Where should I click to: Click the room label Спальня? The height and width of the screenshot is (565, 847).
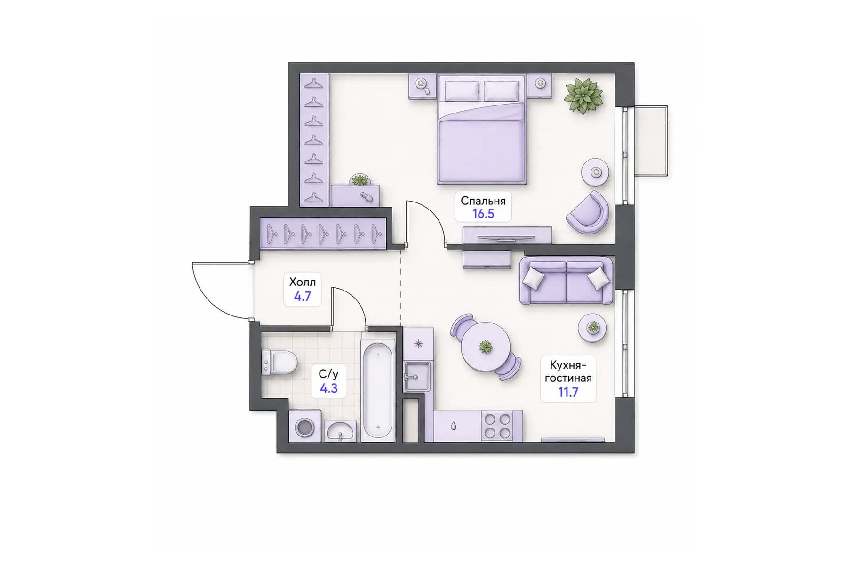tap(483, 201)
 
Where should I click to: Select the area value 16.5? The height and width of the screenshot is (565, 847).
tap(483, 214)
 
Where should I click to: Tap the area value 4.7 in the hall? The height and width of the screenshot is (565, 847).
tap(302, 296)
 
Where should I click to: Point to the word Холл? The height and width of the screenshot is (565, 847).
tap(302, 282)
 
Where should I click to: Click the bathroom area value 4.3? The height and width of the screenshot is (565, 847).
tap(328, 388)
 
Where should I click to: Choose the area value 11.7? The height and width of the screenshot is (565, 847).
tap(568, 392)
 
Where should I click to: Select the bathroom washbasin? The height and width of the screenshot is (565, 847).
tap(340, 431)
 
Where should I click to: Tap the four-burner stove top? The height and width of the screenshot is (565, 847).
tap(497, 426)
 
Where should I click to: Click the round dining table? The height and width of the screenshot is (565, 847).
tap(485, 347)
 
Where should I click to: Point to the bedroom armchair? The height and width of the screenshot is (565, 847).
tap(588, 213)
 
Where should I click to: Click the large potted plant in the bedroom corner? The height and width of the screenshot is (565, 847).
tap(583, 96)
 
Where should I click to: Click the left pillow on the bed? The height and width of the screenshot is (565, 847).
tap(462, 91)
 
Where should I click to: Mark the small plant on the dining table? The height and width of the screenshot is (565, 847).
tap(485, 347)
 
